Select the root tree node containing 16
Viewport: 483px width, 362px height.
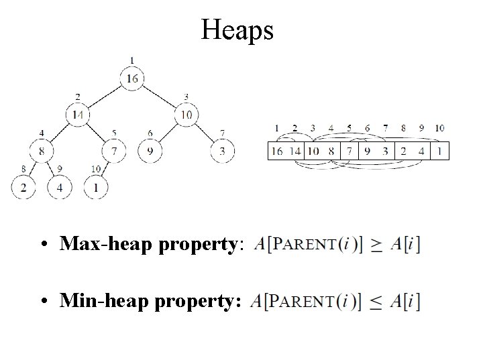point(131,79)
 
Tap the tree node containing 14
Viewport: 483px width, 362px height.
point(78,115)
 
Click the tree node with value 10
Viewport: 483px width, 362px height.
point(186,115)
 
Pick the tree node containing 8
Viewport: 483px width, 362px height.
point(42,151)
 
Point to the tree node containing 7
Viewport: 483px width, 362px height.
point(115,151)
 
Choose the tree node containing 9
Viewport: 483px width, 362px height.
point(150,151)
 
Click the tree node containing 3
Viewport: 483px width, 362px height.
point(222,151)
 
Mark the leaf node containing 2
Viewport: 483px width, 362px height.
point(23,187)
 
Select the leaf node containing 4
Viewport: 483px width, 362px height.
point(60,187)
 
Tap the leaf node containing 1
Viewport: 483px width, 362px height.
point(96,187)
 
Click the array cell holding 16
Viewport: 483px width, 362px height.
point(276,151)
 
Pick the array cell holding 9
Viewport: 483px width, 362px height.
point(367,151)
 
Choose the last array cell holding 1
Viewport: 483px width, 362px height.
point(439,151)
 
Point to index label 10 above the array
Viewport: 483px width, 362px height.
point(439,128)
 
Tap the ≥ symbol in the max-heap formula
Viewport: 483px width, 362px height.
point(378,245)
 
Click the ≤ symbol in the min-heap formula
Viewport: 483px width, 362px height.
point(378,304)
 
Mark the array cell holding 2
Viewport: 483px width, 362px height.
point(403,151)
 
